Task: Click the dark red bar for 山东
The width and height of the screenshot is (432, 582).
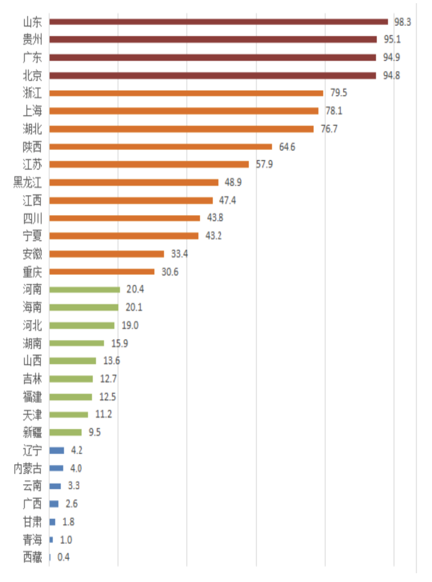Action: (218, 22)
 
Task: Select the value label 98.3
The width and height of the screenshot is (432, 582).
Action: (402, 22)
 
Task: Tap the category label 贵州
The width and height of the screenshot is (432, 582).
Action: (32, 39)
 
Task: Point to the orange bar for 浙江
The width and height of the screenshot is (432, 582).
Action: (186, 93)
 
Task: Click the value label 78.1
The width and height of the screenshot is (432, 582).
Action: (334, 111)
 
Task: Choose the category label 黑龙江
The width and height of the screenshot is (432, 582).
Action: (28, 183)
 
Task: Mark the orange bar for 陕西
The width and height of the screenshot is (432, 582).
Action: (160, 147)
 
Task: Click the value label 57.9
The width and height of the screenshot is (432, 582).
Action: (264, 165)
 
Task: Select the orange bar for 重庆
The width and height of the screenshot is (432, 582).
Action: (102, 272)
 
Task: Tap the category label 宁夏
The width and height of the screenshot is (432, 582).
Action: (32, 236)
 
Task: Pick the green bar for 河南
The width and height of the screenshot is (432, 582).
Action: (84, 289)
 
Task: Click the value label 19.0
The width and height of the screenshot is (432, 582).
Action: (130, 325)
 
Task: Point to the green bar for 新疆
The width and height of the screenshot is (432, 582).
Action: (65, 432)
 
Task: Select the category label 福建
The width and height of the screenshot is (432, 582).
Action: (32, 397)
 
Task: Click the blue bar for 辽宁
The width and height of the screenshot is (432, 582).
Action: (56, 450)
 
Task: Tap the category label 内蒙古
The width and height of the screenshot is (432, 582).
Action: (28, 468)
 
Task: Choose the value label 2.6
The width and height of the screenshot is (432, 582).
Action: (72, 504)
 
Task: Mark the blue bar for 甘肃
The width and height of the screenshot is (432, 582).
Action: (52, 522)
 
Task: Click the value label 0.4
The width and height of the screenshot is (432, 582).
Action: (63, 557)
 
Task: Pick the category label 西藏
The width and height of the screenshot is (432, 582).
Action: (32, 557)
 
